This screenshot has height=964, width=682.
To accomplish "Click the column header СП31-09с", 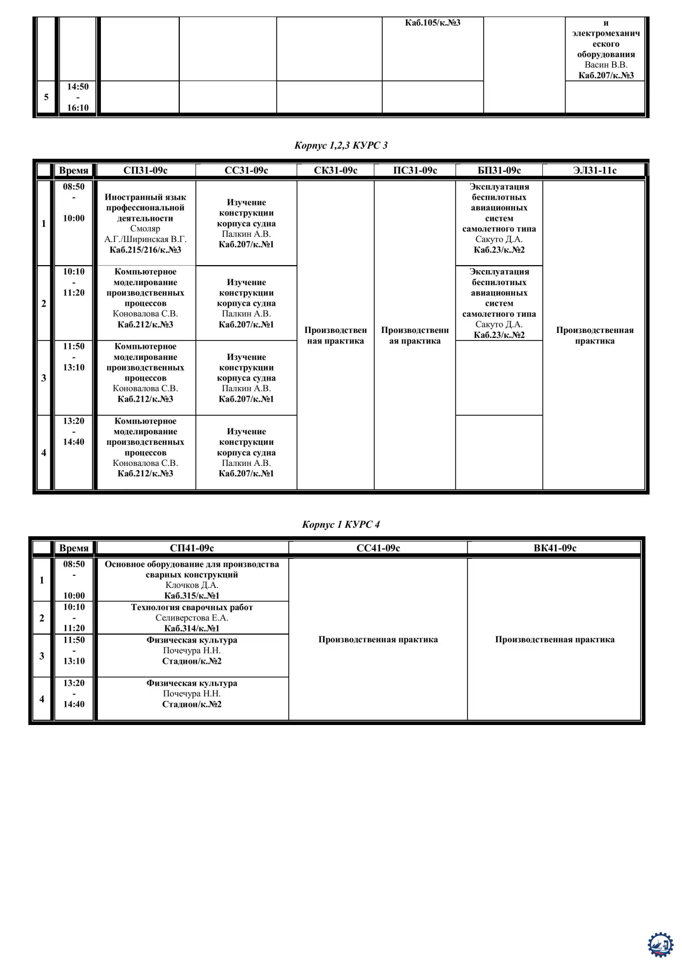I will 145,171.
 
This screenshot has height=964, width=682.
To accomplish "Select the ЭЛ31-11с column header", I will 595,171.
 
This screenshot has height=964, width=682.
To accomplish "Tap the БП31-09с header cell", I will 499,171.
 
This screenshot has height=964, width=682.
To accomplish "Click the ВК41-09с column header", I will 554,548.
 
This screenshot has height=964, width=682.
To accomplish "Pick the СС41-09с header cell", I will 378,548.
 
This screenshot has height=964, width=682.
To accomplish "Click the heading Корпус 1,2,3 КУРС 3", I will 341,146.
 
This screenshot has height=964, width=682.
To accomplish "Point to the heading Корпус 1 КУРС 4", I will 341,525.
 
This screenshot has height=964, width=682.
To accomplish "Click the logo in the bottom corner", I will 660,944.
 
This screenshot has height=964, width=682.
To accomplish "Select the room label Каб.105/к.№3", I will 432,23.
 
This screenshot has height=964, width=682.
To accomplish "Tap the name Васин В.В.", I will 606,65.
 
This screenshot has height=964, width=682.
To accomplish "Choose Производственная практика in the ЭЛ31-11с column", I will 595,335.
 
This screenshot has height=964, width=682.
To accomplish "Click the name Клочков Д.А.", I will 192,585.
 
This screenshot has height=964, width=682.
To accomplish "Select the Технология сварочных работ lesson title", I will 192,608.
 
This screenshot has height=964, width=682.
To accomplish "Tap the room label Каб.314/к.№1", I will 192,629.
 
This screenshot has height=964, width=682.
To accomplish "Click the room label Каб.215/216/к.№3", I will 145,250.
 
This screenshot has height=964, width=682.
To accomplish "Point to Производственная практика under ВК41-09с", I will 554,640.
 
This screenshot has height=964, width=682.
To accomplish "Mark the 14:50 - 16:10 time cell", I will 78,97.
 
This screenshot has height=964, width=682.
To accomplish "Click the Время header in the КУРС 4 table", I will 74,548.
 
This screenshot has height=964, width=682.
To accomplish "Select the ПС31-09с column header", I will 415,171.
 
